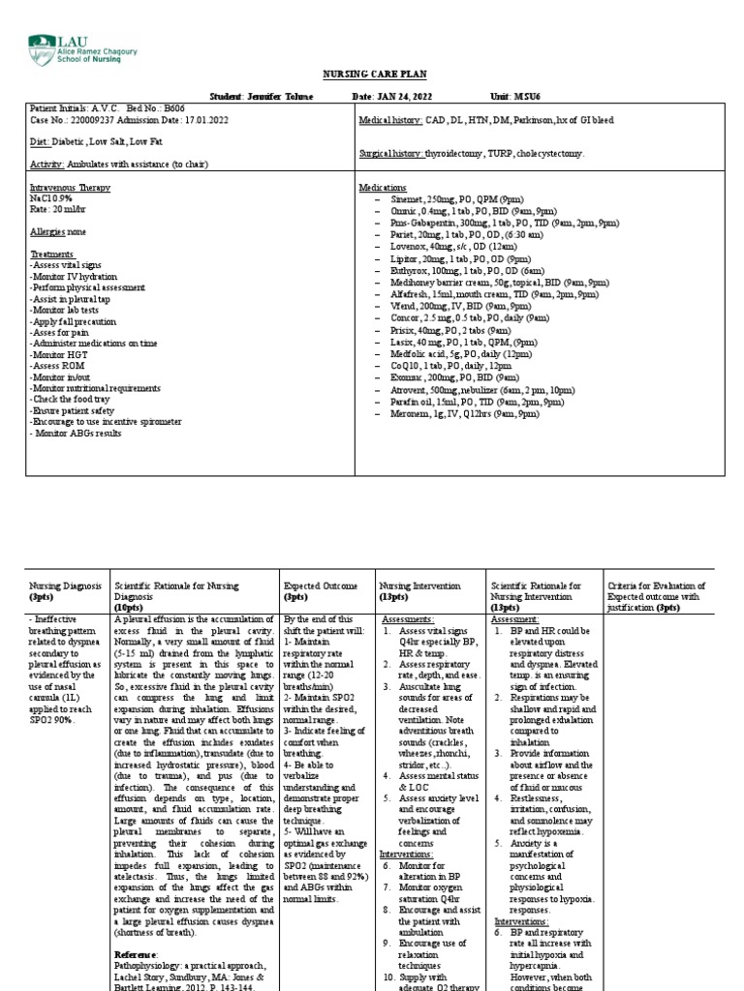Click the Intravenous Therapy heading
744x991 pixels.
pos(69,187)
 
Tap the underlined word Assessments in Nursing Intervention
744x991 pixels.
pos(408,616)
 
